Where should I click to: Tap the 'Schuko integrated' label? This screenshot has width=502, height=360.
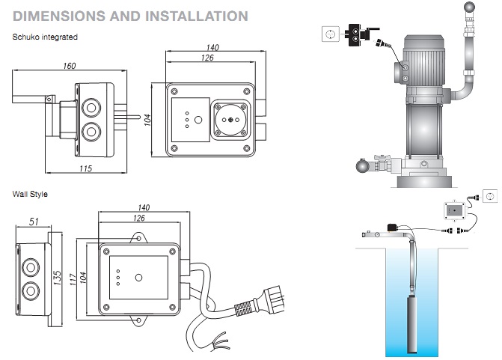coord(45,37)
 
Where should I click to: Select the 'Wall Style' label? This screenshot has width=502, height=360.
coord(30,194)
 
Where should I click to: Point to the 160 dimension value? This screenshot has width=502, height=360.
coord(70,66)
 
